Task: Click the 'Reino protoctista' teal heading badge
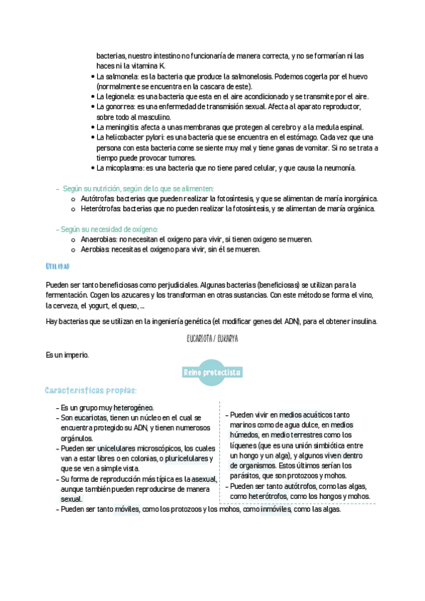(212, 372)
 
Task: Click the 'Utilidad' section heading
(57, 266)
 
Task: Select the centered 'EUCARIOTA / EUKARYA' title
(212, 339)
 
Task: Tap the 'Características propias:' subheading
(90, 391)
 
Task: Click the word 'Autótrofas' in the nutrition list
(97, 199)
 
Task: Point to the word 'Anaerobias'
(99, 240)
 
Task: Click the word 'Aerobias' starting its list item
(95, 249)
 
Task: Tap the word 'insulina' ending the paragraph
(363, 321)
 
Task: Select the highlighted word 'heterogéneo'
(132, 408)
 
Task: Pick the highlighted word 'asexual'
(201, 479)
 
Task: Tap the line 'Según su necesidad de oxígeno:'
(109, 230)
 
